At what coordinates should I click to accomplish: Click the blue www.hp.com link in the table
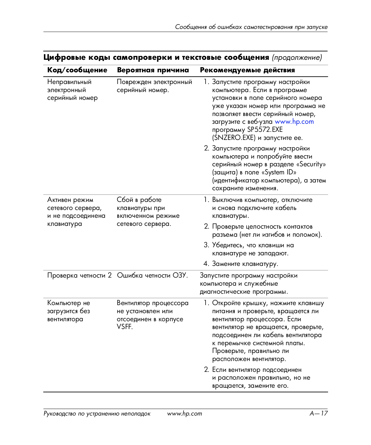pyautogui.click(x=294, y=122)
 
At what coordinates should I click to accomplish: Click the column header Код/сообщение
pyautogui.click(x=77, y=70)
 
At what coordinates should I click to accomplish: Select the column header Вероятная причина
pyautogui.click(x=153, y=70)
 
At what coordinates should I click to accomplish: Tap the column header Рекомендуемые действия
pyautogui.click(x=247, y=70)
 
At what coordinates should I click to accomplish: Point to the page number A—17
pyautogui.click(x=318, y=414)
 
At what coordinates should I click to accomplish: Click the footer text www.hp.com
pyautogui.click(x=184, y=414)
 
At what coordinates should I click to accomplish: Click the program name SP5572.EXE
pyautogui.click(x=265, y=130)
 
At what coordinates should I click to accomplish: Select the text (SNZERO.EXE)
pyautogui.click(x=234, y=138)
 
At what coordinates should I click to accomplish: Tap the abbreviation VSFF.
pyautogui.click(x=125, y=327)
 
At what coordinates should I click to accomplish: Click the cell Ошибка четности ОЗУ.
pyautogui.click(x=152, y=276)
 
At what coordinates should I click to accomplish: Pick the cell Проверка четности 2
pyautogui.click(x=79, y=276)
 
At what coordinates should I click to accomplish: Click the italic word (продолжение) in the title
pyautogui.click(x=297, y=58)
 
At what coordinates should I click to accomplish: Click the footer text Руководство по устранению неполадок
pyautogui.click(x=97, y=414)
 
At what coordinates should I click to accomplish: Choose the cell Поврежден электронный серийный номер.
pyautogui.click(x=154, y=86)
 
